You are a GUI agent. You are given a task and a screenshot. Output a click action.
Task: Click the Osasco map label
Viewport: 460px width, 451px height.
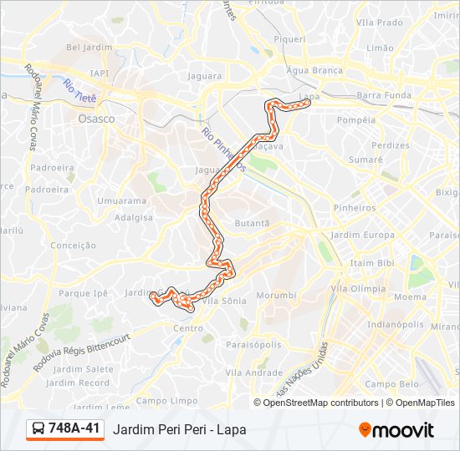coord(95,119)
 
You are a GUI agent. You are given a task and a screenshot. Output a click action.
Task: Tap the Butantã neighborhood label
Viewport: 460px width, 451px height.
coord(252,223)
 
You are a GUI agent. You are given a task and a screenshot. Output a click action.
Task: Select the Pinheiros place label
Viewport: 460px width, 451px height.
coord(355,207)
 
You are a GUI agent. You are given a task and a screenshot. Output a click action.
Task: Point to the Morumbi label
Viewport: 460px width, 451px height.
coord(276,295)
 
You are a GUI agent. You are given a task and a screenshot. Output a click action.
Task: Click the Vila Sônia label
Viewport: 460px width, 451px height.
coord(224,299)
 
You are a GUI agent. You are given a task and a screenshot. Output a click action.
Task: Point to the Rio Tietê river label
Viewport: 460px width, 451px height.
coord(80,92)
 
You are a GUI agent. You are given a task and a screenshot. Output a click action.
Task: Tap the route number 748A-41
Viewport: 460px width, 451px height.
coord(74,429)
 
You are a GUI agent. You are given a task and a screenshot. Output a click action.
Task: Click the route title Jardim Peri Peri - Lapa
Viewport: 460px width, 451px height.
coord(179,430)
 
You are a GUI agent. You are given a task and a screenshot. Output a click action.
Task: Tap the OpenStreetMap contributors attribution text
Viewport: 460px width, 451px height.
coord(317,403)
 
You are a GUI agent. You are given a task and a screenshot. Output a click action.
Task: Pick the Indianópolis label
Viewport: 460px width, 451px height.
coord(396,324)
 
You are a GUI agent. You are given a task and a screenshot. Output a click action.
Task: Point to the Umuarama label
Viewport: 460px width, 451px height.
coord(121,200)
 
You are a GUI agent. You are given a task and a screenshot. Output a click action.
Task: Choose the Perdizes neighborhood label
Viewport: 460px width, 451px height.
coord(390,144)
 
